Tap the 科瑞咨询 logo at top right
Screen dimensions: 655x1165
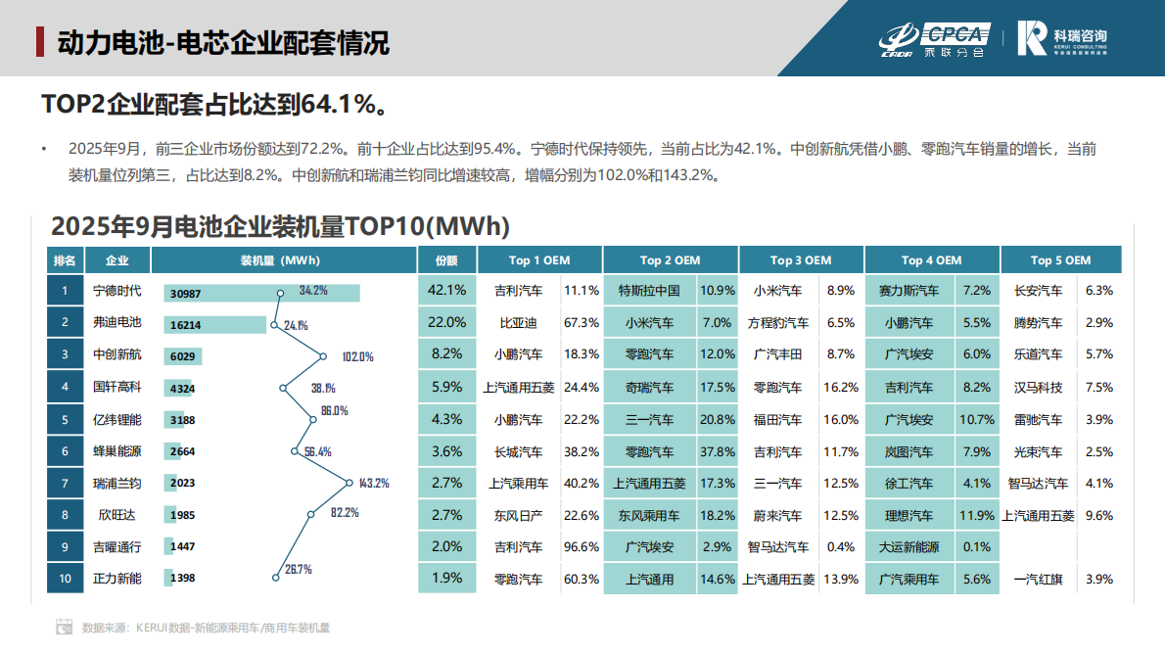(1062, 38)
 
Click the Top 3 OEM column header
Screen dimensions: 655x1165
(800, 260)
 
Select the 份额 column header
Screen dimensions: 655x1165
(446, 260)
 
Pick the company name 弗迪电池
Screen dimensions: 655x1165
(116, 323)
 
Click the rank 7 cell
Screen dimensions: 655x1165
(65, 484)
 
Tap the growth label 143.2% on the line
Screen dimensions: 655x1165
(374, 483)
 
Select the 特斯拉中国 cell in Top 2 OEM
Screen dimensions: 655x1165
(649, 291)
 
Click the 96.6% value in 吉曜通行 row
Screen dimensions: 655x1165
(582, 547)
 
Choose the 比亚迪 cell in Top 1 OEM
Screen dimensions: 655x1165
(518, 323)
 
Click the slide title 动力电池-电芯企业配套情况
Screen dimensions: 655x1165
(222, 43)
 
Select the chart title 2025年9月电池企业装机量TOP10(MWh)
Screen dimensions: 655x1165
(280, 227)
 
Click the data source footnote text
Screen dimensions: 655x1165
(206, 628)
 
